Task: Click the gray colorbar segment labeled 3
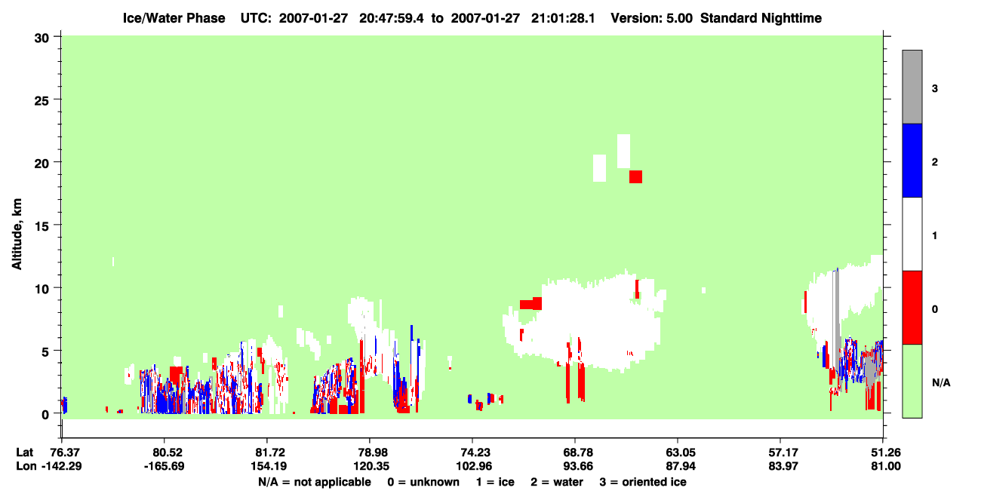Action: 912,87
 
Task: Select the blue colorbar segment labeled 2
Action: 912,161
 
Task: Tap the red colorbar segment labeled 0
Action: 912,308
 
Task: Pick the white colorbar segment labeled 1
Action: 912,235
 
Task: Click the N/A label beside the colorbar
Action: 941,382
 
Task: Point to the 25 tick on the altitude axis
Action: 42,100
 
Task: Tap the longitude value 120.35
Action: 371,466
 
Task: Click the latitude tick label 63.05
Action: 678,452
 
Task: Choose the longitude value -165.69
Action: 165,466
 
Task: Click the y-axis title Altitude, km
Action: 17,234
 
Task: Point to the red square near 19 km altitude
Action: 635,177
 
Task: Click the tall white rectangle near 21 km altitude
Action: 623,151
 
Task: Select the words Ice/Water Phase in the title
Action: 174,18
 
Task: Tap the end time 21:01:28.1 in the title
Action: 563,18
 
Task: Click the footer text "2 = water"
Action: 557,482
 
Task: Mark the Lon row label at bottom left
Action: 26,466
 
